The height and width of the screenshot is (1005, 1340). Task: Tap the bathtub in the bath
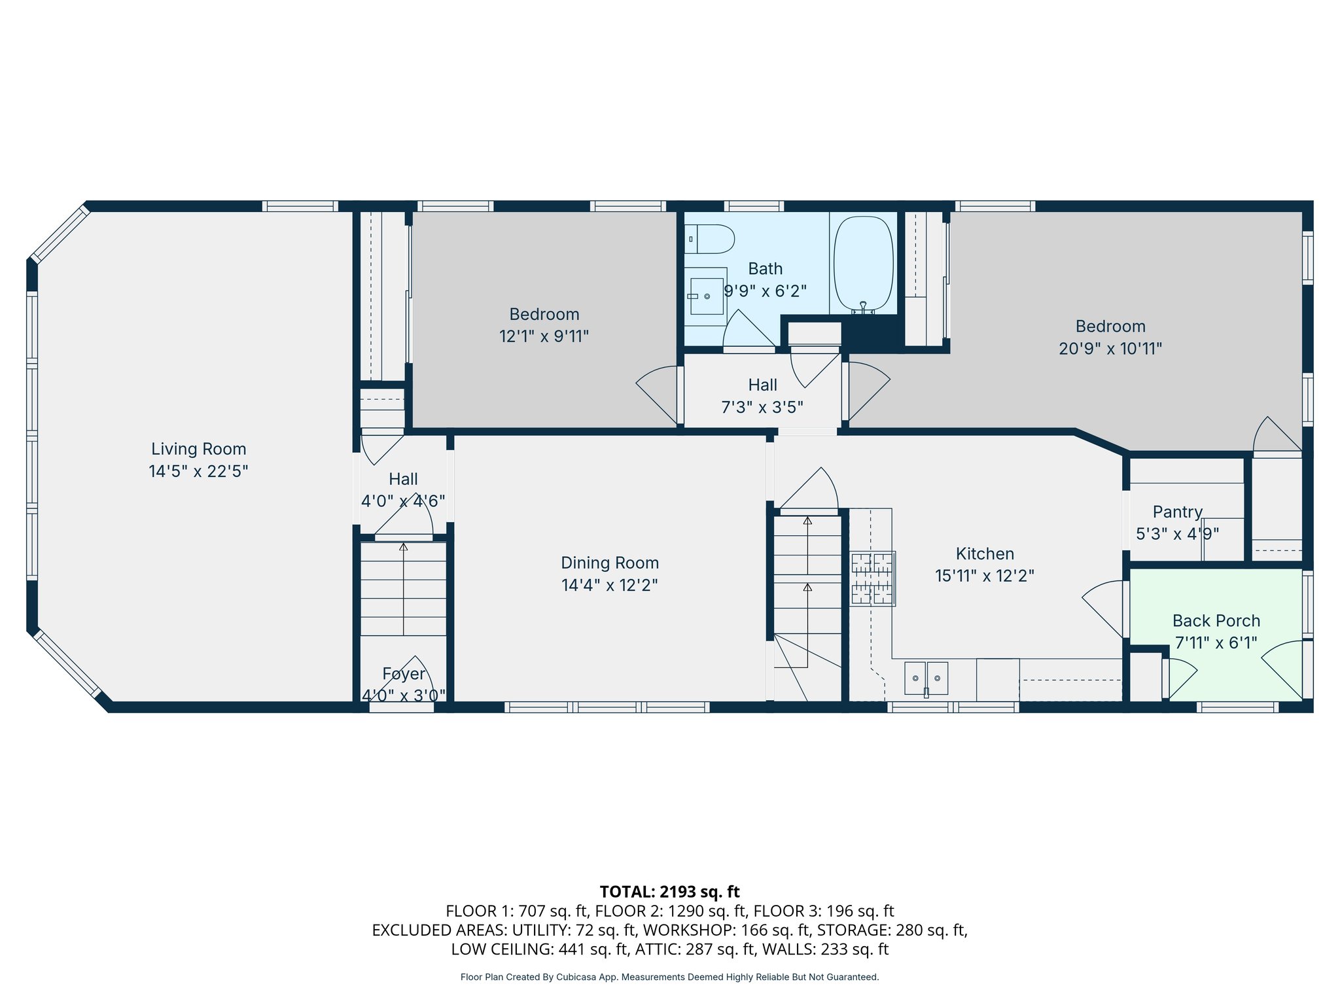point(864,264)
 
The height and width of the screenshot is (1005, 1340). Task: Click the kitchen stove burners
point(872,578)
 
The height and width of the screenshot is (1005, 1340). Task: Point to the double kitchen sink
point(926,678)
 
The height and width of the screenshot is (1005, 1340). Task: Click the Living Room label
point(198,449)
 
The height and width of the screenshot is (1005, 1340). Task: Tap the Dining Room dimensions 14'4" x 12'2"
point(609,585)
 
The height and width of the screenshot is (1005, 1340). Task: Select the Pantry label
point(1177,512)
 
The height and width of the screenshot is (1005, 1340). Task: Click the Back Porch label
point(1216,620)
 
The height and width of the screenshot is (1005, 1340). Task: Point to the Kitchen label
point(985,554)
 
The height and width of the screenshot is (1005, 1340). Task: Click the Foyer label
point(404,673)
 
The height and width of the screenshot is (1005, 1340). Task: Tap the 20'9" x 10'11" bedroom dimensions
point(1110,348)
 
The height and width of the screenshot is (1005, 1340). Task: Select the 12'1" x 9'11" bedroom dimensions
point(544,336)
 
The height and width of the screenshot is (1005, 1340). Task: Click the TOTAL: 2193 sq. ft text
point(669,891)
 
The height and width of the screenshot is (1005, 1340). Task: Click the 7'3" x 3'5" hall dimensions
point(762,407)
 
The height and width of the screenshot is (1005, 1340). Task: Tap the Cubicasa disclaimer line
point(669,977)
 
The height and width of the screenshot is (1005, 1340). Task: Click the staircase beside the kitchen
point(807,589)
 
